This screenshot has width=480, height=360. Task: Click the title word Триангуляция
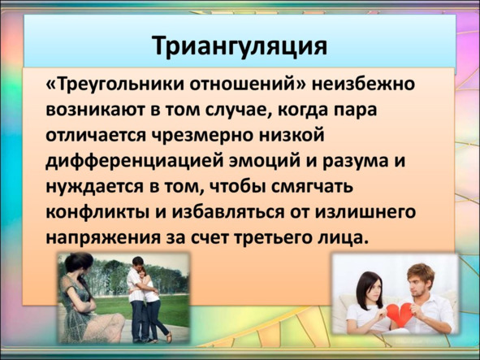pyautogui.click(x=240, y=46)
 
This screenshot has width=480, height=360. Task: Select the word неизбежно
pyautogui.click(x=363, y=84)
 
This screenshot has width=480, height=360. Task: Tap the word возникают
pyautogui.click(x=95, y=110)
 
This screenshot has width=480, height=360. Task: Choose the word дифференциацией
pyautogui.click(x=135, y=162)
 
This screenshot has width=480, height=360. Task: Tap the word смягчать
pyautogui.click(x=312, y=187)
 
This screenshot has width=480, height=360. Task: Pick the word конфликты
pyautogui.click(x=97, y=212)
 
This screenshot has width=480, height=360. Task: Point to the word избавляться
pyautogui.click(x=228, y=212)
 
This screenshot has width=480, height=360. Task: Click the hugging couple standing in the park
pyautogui.click(x=146, y=299)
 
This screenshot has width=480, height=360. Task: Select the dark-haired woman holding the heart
pyautogui.click(x=365, y=303)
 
